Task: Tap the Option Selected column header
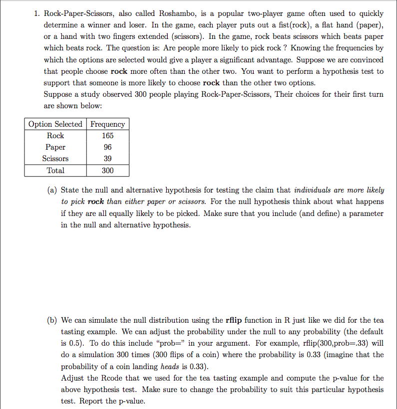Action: [x=55, y=124]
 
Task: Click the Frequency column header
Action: [x=108, y=124]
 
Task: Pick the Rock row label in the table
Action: [x=55, y=136]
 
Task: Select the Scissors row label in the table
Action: [x=55, y=159]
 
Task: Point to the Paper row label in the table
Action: [x=55, y=147]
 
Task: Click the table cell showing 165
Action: [x=108, y=136]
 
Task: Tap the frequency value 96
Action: [x=108, y=147]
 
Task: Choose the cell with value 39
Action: [x=108, y=159]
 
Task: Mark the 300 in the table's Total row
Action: [x=108, y=171]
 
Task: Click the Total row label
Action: [x=55, y=171]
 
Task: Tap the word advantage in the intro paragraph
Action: [x=307, y=60]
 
